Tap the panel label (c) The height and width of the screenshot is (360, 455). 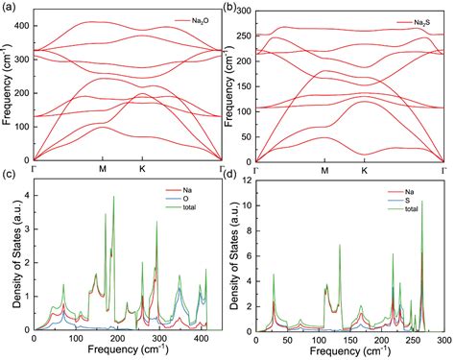9,175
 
